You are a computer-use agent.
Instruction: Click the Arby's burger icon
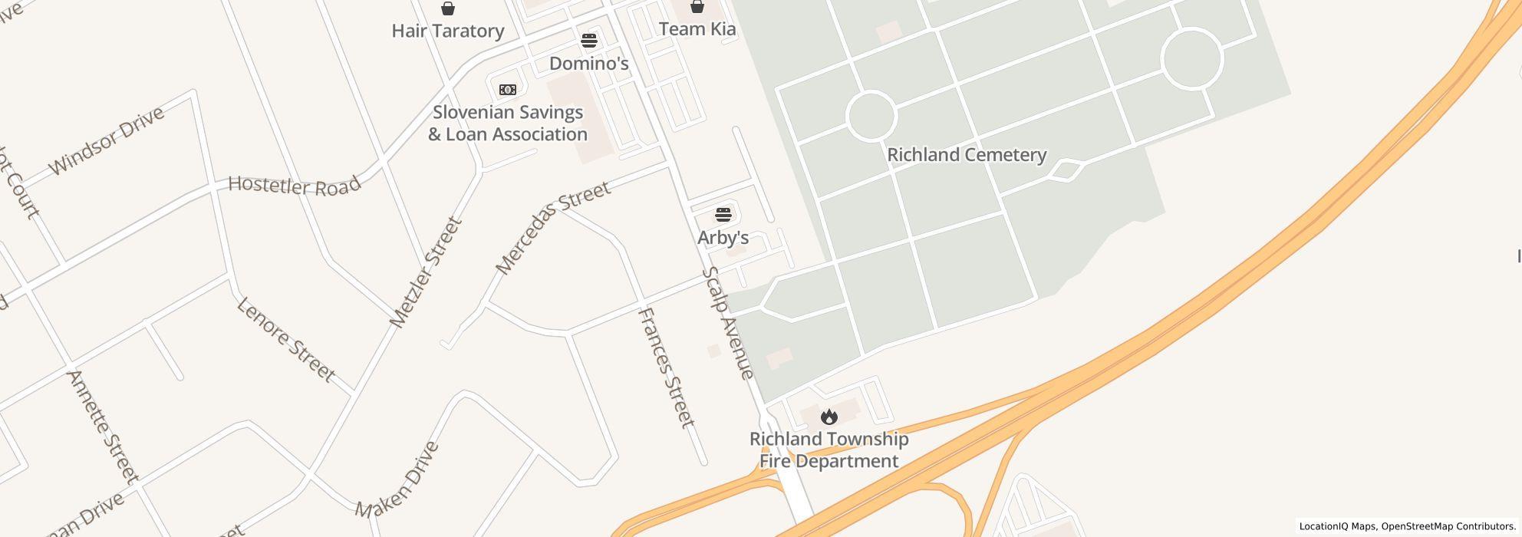point(723,214)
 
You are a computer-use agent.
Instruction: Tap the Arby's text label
point(723,238)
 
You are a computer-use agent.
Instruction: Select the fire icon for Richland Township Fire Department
point(829,417)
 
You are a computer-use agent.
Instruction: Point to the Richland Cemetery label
point(967,155)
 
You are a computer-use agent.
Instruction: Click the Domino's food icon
point(588,40)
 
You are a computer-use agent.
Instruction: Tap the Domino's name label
point(588,64)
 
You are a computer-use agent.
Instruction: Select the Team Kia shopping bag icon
point(697,7)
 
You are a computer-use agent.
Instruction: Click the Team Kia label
point(697,29)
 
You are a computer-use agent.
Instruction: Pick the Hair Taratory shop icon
point(447,8)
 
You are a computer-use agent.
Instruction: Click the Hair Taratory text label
point(447,31)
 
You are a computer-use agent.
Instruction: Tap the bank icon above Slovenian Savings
point(507,90)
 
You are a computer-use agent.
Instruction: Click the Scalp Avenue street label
point(727,323)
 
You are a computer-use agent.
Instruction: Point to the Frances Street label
point(666,367)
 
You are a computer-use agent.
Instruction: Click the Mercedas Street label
point(552,227)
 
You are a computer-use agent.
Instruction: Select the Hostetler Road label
point(294,186)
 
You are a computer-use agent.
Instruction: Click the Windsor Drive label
point(106,140)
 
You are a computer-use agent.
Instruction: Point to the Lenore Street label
point(285,339)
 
